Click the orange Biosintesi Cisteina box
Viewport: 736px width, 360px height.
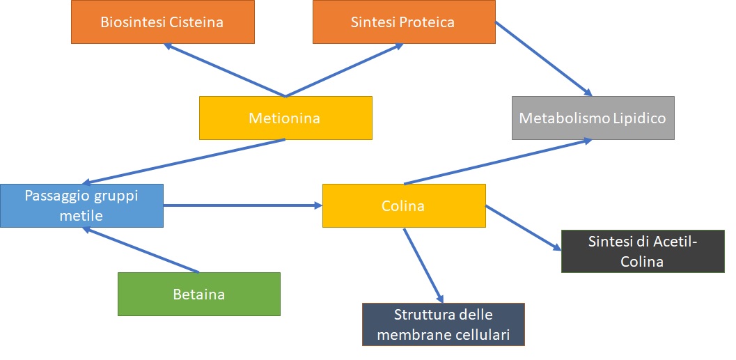[x=163, y=22]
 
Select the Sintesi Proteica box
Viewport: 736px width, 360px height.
[x=404, y=22]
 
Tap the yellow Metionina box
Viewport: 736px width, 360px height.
[x=286, y=118]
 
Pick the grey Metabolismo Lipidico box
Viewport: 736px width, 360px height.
[x=593, y=118]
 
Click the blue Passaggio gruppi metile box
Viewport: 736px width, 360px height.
[x=81, y=205]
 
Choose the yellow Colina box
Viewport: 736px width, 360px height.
[x=404, y=205]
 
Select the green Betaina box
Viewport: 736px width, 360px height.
[x=199, y=295]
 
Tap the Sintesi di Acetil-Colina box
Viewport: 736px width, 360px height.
[x=643, y=251]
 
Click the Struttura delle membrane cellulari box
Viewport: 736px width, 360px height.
[x=444, y=324]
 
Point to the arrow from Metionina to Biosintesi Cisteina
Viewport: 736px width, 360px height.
[x=224, y=70]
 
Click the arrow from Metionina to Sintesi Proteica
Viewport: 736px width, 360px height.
[x=345, y=70]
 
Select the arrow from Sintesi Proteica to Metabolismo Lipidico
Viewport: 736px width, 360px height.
[x=544, y=58]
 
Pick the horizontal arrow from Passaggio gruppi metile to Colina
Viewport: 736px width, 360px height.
[x=243, y=205]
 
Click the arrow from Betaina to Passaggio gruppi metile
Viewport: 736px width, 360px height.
[x=141, y=250]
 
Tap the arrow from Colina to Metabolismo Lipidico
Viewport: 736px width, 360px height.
[x=498, y=162]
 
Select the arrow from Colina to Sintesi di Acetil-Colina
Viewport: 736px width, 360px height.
[x=524, y=227]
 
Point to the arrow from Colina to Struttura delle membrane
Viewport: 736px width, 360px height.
[x=423, y=266]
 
